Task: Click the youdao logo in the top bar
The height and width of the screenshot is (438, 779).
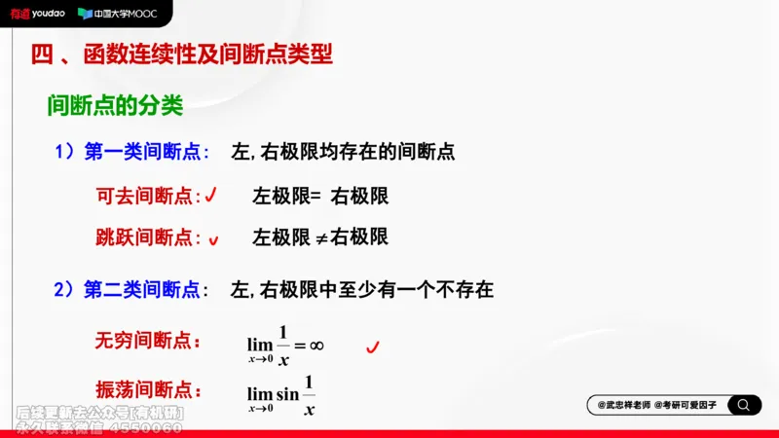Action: [x=37, y=14]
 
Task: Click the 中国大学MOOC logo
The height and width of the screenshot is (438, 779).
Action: [x=119, y=14]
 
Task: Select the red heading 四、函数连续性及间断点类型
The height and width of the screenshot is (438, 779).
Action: [x=182, y=55]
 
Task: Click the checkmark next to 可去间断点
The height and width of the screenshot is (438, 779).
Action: [x=210, y=195]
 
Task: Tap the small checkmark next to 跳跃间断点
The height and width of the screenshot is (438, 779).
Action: [x=213, y=238]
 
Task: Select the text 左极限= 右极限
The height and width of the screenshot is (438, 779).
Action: [x=320, y=196]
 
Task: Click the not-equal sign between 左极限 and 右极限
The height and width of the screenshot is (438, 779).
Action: [x=321, y=237]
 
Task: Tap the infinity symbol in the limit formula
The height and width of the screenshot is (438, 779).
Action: [x=316, y=345]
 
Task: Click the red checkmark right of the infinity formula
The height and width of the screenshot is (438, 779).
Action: [x=371, y=346]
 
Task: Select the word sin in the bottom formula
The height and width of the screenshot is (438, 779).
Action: [x=287, y=393]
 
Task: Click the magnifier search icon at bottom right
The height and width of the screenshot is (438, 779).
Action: [x=744, y=405]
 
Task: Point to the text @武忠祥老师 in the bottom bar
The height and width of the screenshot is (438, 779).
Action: [x=623, y=405]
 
